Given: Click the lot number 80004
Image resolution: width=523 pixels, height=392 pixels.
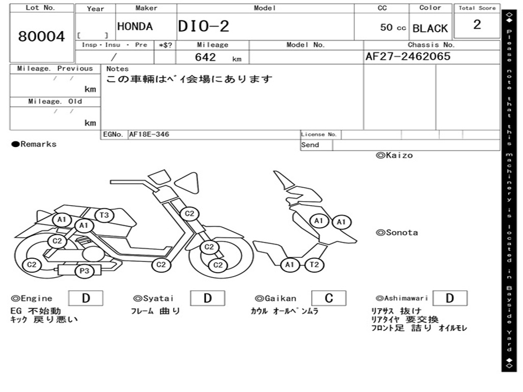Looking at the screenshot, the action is (42, 37).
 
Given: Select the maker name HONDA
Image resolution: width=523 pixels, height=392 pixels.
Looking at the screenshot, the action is (135, 27).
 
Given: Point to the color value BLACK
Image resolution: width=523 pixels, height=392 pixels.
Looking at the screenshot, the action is (430, 28).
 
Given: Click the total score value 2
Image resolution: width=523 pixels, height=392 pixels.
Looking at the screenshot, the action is (477, 25).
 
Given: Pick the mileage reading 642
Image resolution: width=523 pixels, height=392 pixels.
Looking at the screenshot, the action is (205, 57).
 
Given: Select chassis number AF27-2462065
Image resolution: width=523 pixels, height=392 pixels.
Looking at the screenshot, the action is (408, 56).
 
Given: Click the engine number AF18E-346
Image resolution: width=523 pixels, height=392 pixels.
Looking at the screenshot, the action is (149, 135).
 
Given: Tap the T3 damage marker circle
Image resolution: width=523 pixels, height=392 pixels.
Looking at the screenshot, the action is (104, 215).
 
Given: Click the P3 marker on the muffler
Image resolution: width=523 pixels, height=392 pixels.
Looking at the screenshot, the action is (84, 271).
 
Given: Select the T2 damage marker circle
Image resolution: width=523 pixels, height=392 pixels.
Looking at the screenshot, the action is (315, 264).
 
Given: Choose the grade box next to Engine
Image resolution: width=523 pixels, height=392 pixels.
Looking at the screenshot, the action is (85, 298).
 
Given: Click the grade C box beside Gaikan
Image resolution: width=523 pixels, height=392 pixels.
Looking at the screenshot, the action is (328, 298).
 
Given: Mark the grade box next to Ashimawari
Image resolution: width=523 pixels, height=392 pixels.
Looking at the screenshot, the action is (449, 298).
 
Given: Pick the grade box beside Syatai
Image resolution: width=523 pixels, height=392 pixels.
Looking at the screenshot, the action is (207, 298).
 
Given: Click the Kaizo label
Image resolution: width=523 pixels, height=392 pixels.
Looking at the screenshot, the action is (394, 155).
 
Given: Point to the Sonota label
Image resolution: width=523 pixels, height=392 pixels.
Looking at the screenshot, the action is (397, 233).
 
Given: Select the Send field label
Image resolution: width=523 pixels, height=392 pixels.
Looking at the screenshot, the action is (310, 145).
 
